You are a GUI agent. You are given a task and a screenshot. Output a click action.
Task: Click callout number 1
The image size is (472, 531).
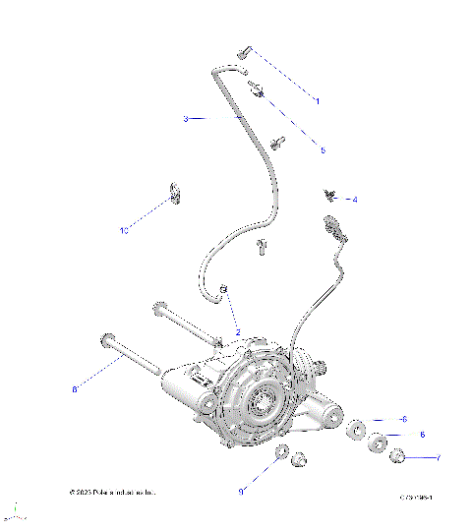point(318,100)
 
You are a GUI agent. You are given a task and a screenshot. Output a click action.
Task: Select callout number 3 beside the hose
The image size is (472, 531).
point(185,119)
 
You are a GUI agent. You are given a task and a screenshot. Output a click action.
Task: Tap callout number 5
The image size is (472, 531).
point(322,150)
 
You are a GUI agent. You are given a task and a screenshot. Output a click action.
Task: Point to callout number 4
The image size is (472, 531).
point(354,200)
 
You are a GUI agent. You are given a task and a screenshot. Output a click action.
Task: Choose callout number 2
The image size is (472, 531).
point(237,333)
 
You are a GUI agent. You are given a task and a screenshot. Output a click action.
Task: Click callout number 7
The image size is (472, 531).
point(438,457)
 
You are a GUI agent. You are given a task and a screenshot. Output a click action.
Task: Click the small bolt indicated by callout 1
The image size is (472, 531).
point(245,51)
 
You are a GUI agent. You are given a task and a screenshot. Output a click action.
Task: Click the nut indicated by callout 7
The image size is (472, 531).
point(398,456)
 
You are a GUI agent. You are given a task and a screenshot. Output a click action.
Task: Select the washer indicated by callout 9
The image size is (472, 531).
point(280,452)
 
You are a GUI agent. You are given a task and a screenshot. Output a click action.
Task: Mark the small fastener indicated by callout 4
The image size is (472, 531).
point(329,194)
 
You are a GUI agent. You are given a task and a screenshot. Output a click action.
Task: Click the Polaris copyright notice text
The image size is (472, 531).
point(112,492)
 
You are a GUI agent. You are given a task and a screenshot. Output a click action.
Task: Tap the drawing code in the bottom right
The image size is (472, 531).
point(417,499)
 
